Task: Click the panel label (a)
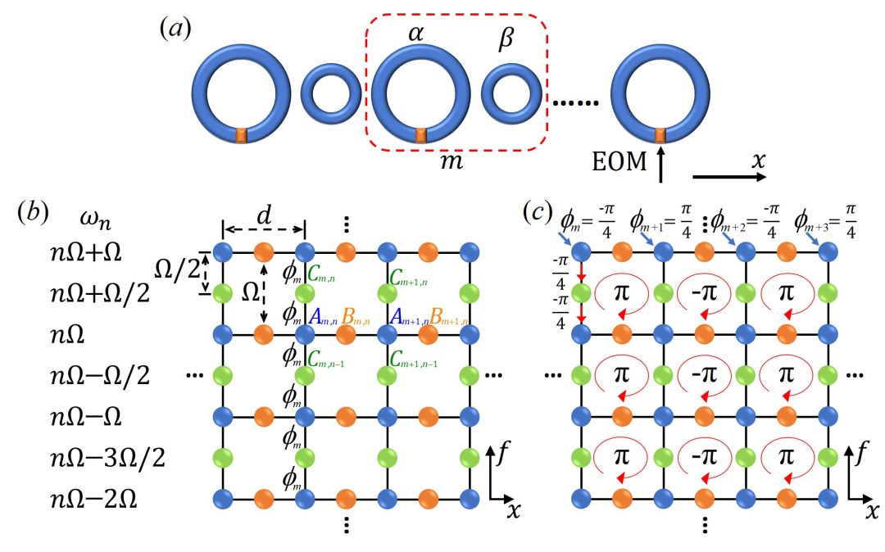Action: coord(175,29)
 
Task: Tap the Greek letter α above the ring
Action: coord(416,34)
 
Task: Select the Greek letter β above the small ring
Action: coord(506,38)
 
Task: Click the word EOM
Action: coord(619,162)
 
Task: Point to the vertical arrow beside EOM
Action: coord(660,164)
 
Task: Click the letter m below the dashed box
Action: coord(452,162)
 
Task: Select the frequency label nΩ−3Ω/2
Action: coord(108,458)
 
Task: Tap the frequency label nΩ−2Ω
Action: coord(93,500)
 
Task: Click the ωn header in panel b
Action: coord(95,220)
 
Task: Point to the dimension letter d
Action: coord(264,215)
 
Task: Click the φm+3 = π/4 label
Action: coord(825,222)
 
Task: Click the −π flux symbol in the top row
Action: coord(704,293)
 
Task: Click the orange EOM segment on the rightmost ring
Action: coord(660,136)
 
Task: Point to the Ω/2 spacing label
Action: coord(177,270)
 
